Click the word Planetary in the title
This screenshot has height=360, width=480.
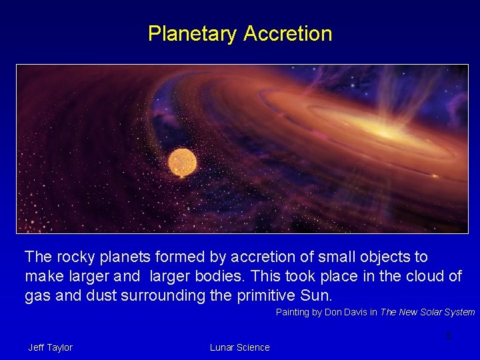193,33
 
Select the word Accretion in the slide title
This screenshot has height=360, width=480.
288,33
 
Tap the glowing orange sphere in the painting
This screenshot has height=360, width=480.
182,163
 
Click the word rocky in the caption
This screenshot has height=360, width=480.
73,257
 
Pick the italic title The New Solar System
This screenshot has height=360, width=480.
427,313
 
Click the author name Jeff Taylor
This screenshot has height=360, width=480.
50,347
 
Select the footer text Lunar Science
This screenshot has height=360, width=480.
239,347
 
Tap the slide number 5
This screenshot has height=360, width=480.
449,336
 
